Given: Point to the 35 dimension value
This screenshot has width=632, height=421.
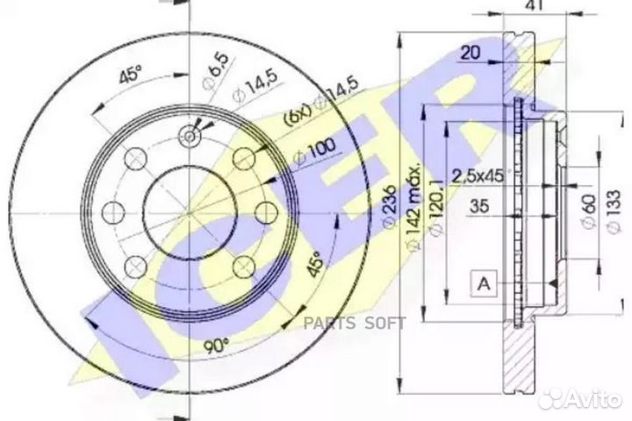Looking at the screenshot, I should (x=478, y=208).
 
